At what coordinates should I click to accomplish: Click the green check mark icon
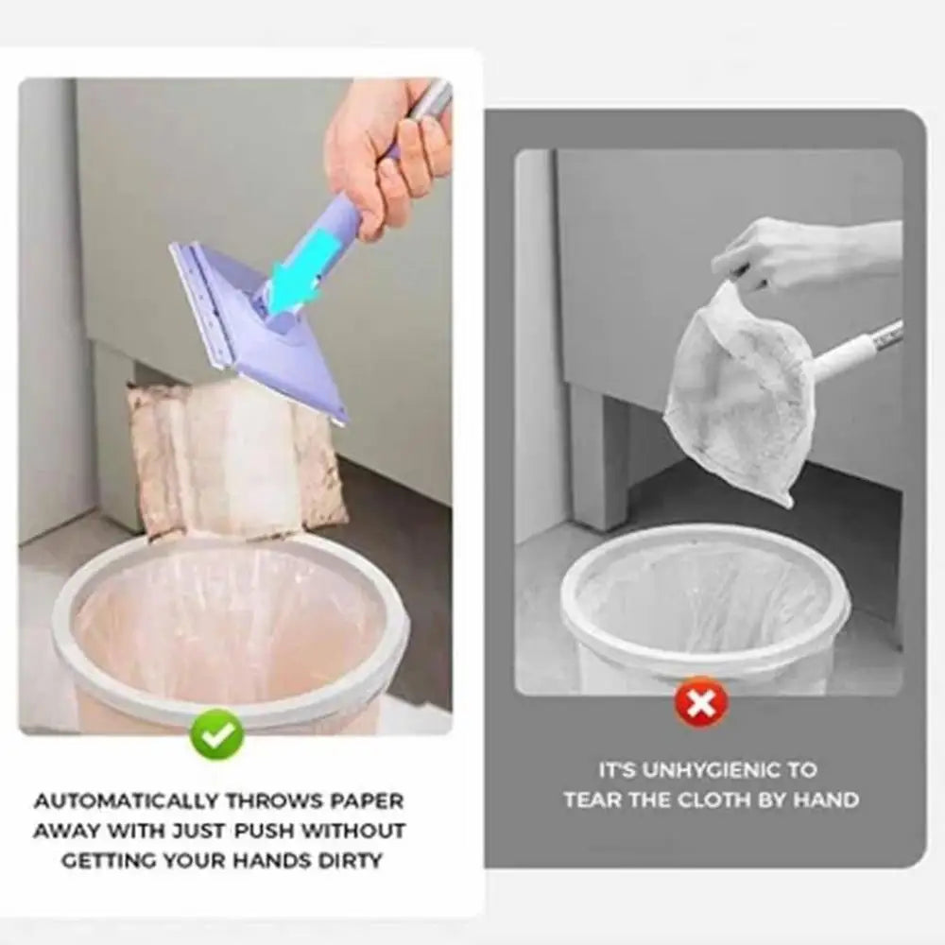[x=217, y=734]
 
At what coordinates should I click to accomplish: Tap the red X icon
[x=701, y=703]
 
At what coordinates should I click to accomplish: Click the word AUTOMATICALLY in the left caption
[x=126, y=801]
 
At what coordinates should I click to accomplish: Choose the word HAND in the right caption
[x=828, y=799]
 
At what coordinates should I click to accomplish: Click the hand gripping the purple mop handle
[x=386, y=156]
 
